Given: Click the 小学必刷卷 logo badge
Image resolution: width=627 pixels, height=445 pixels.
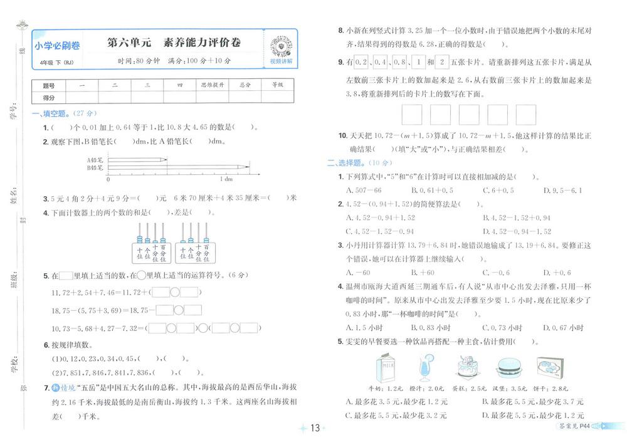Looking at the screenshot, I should [57, 46].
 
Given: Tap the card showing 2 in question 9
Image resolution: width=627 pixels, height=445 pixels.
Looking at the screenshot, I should [442, 63].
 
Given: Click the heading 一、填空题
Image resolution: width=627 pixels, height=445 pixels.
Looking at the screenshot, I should [55, 113].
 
